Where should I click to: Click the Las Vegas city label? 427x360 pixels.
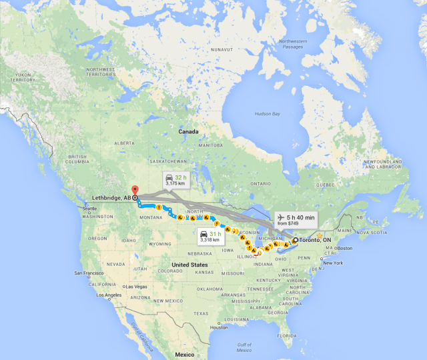tap(136, 287)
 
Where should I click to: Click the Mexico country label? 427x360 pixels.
tap(184, 354)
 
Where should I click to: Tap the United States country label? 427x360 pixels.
tap(189, 265)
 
